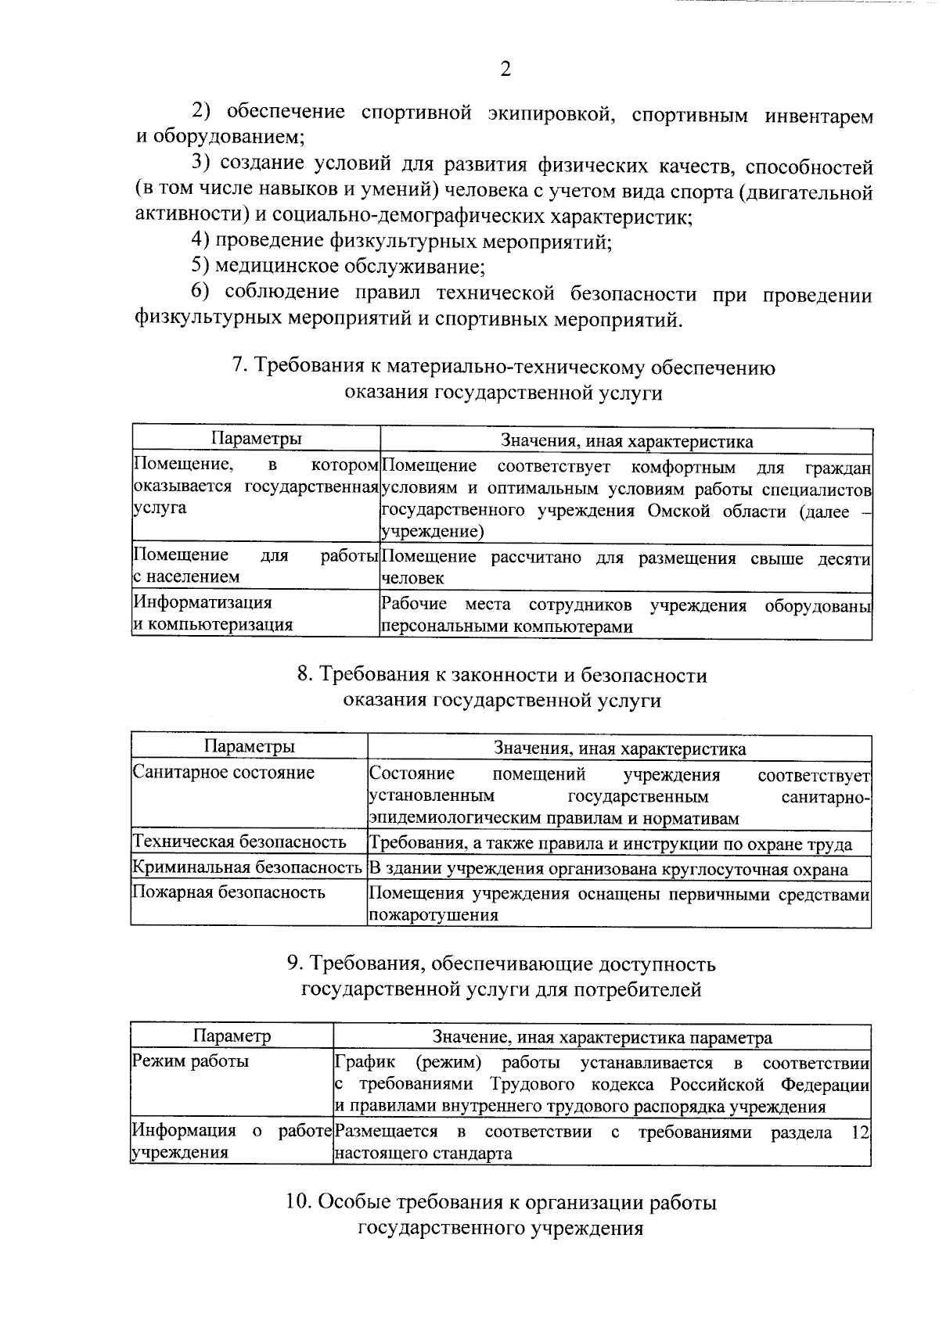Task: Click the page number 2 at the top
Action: pos(505,70)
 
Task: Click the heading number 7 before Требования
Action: pos(239,366)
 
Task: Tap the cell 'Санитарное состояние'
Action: pos(224,773)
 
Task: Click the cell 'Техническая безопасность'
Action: pos(239,842)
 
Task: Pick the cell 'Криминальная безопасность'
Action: pos(247,867)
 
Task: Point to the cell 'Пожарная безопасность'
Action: pos(229,892)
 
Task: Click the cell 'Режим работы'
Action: pos(191,1061)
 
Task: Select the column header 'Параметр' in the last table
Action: pos(232,1036)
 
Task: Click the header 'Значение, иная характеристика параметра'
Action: pos(602,1037)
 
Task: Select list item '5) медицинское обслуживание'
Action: pos(338,267)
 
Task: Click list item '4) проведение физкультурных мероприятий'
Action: pos(401,241)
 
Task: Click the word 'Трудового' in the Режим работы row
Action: pos(533,1085)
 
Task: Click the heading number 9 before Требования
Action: pos(294,964)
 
